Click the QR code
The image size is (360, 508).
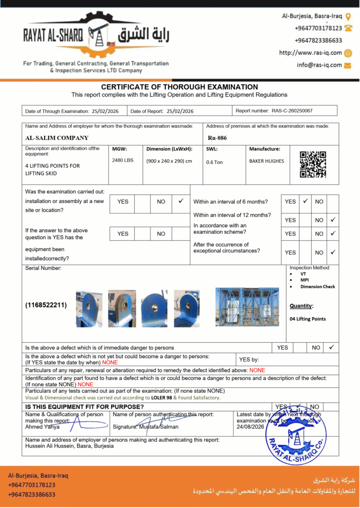tap(313, 164)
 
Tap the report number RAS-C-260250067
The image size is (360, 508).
tap(292, 111)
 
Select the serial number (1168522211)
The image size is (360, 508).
tap(46, 305)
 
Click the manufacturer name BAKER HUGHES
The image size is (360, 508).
tap(267, 161)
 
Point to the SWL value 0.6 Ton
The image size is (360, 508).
tap(215, 162)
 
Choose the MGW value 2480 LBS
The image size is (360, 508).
tap(123, 160)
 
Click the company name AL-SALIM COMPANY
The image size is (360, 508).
tap(57, 138)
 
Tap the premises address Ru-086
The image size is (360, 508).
tap(217, 138)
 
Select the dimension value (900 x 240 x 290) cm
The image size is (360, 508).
tap(169, 161)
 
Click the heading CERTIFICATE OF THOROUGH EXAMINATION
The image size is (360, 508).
tap(180, 87)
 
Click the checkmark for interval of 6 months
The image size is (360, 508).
tap(305, 201)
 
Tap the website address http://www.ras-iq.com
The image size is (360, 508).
tap(310, 53)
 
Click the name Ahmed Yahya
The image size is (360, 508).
tap(42, 427)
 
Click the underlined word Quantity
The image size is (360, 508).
tap(301, 306)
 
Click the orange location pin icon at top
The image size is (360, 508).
tap(348, 16)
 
